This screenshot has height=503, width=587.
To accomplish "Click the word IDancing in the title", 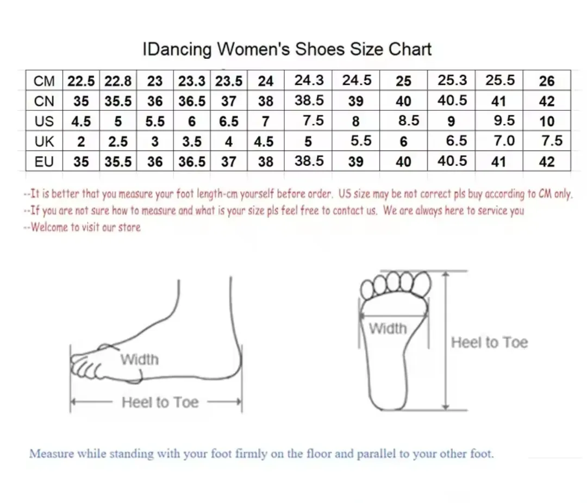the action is (x=177, y=50).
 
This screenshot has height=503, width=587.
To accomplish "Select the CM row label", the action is (x=44, y=81).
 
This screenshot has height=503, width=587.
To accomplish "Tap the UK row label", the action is (x=44, y=141).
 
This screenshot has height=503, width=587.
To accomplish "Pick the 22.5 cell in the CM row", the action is (x=81, y=81).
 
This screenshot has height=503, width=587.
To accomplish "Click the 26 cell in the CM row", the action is (x=547, y=81).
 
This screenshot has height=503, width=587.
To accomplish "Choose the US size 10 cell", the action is (x=547, y=121).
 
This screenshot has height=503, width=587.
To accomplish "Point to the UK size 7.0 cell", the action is (x=504, y=141).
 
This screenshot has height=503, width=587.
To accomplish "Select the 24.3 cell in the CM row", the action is (x=309, y=80).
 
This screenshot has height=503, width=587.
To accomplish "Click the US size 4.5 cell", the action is (x=81, y=121).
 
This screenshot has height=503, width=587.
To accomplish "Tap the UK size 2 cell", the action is (x=81, y=141).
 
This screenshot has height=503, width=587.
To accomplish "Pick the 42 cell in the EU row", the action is (x=547, y=162).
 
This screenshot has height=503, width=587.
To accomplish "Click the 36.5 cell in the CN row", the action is (x=192, y=101).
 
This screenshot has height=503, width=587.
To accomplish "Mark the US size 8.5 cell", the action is (x=409, y=121).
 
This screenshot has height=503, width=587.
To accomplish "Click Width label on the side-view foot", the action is (x=139, y=360).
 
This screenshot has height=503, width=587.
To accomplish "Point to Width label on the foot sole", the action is (x=388, y=329).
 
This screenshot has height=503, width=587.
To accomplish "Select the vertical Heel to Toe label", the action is (x=489, y=342).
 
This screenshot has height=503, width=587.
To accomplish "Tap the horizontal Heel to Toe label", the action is (x=160, y=403).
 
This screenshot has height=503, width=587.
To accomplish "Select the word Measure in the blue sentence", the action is (x=52, y=454).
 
